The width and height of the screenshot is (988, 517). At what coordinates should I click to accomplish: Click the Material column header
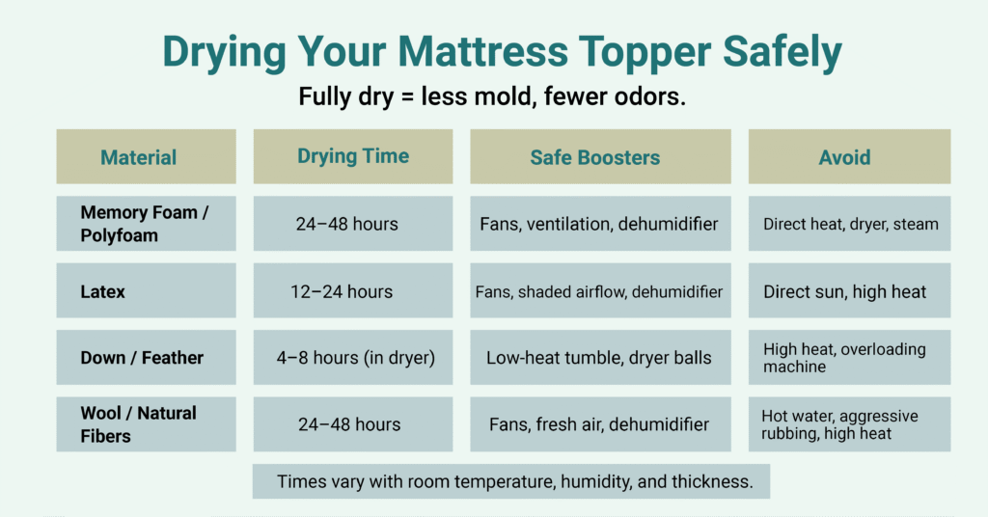coord(139,157)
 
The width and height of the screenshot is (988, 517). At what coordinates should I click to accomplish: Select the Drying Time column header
coord(353,156)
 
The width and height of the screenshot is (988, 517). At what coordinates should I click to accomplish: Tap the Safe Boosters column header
coord(595,157)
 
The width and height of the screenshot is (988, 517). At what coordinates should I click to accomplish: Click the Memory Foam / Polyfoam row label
coord(145,224)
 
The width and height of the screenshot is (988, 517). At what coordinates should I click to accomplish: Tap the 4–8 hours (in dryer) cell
coord(352,358)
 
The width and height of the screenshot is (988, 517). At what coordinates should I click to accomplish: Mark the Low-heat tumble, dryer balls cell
coord(599,358)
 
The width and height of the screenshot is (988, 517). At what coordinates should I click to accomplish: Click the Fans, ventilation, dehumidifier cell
coord(599,224)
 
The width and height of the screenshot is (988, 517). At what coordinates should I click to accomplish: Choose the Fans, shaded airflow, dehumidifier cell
coord(599,290)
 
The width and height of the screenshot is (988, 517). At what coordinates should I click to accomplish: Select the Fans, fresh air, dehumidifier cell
coord(599,424)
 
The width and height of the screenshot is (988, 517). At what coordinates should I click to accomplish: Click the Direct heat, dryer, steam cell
coord(850,224)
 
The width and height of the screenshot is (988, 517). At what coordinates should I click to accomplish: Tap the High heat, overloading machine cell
coord(844,358)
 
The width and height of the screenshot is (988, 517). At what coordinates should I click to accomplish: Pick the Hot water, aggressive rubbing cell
coord(839,424)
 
